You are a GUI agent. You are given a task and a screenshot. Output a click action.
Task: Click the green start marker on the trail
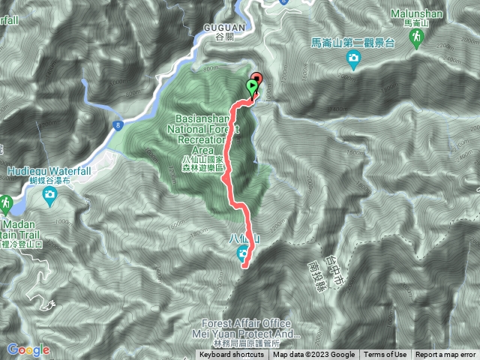(x=250, y=86)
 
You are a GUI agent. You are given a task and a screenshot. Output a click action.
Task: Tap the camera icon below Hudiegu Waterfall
(x=49, y=196)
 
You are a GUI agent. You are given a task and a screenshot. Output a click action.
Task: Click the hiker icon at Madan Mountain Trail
(x=5, y=203)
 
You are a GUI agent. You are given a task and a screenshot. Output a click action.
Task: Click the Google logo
(x=28, y=349)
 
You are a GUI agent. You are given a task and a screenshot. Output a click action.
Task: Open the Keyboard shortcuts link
(x=232, y=355)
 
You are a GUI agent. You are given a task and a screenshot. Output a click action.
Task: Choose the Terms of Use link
(x=385, y=355)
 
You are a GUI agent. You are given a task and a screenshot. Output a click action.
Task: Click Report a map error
(x=445, y=355)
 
